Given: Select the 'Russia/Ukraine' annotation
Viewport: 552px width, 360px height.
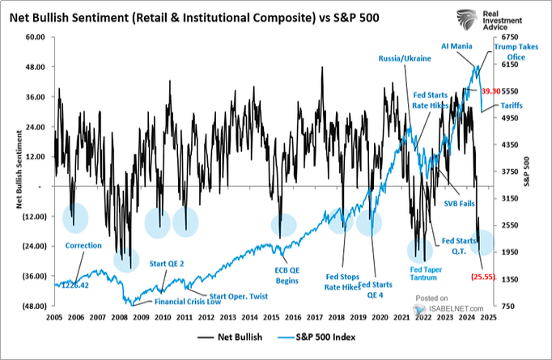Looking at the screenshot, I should tap(404, 59).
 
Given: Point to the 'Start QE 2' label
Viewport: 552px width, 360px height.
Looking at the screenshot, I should tap(172, 264).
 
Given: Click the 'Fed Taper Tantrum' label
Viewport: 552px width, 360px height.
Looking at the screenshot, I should tap(423, 272).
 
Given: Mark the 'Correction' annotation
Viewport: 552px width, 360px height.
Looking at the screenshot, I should tap(85, 245).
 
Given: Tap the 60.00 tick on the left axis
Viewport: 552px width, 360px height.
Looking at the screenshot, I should tap(34, 37).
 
